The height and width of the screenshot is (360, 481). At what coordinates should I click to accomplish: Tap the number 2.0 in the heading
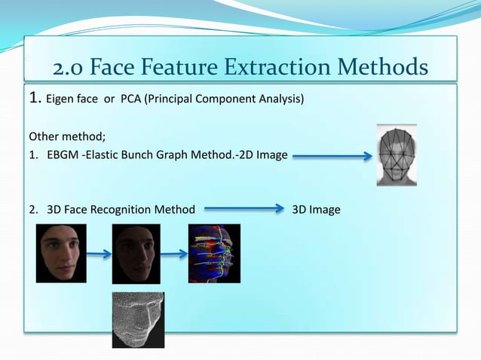pos(71,68)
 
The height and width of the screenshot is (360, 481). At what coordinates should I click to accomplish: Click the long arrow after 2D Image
pos(332,157)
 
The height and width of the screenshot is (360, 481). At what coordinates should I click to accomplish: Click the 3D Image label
pos(316,209)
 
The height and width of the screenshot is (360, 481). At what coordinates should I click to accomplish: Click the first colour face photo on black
pos(61,253)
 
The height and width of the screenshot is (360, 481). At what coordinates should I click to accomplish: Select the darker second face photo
pos(136,253)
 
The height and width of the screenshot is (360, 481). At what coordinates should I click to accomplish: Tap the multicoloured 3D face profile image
pos(214,253)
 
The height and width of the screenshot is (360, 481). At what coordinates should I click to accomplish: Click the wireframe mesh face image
pos(138,320)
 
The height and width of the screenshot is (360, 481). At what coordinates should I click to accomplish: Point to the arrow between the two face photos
pos(99,255)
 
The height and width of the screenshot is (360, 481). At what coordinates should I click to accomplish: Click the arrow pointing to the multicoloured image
pos(174,255)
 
